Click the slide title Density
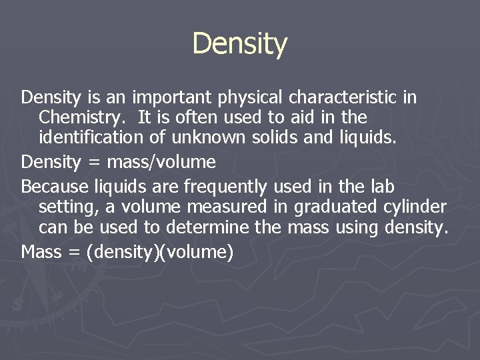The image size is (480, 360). [240, 44]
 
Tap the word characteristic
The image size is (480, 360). [344, 98]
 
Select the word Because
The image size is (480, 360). [53, 185]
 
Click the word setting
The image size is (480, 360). [65, 206]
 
